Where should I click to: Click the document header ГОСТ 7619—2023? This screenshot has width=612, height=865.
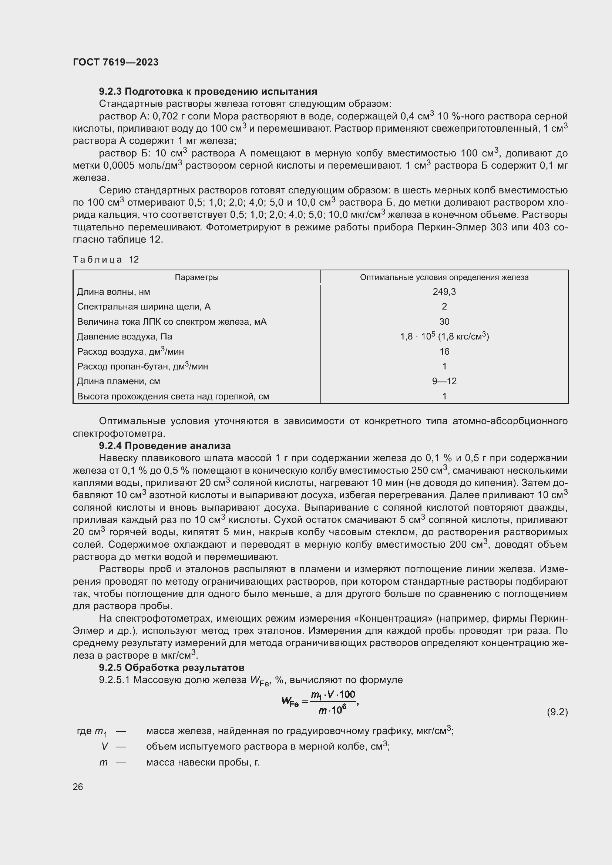[x=116, y=62]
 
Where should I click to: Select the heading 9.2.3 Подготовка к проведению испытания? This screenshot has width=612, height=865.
[x=208, y=92]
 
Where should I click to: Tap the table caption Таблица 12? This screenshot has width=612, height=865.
[x=106, y=260]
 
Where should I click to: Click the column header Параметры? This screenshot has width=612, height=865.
[x=196, y=277]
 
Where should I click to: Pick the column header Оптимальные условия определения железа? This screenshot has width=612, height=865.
[x=444, y=277]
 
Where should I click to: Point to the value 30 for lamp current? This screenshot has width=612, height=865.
[x=444, y=322]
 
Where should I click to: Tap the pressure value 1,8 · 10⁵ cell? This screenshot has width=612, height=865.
[x=444, y=337]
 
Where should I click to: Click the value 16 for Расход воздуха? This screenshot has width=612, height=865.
[x=444, y=351]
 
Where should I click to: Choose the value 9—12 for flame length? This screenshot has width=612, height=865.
[x=444, y=381]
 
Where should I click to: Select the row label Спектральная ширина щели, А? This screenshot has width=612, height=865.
[x=144, y=307]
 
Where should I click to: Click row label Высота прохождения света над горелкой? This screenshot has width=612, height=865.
[x=173, y=396]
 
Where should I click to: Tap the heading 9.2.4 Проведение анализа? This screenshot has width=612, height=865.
[x=165, y=446]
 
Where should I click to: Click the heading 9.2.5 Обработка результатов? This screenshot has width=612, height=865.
[x=171, y=668]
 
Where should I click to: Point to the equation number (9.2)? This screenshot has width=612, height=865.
[x=557, y=712]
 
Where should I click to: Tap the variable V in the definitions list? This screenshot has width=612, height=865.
[x=105, y=746]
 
